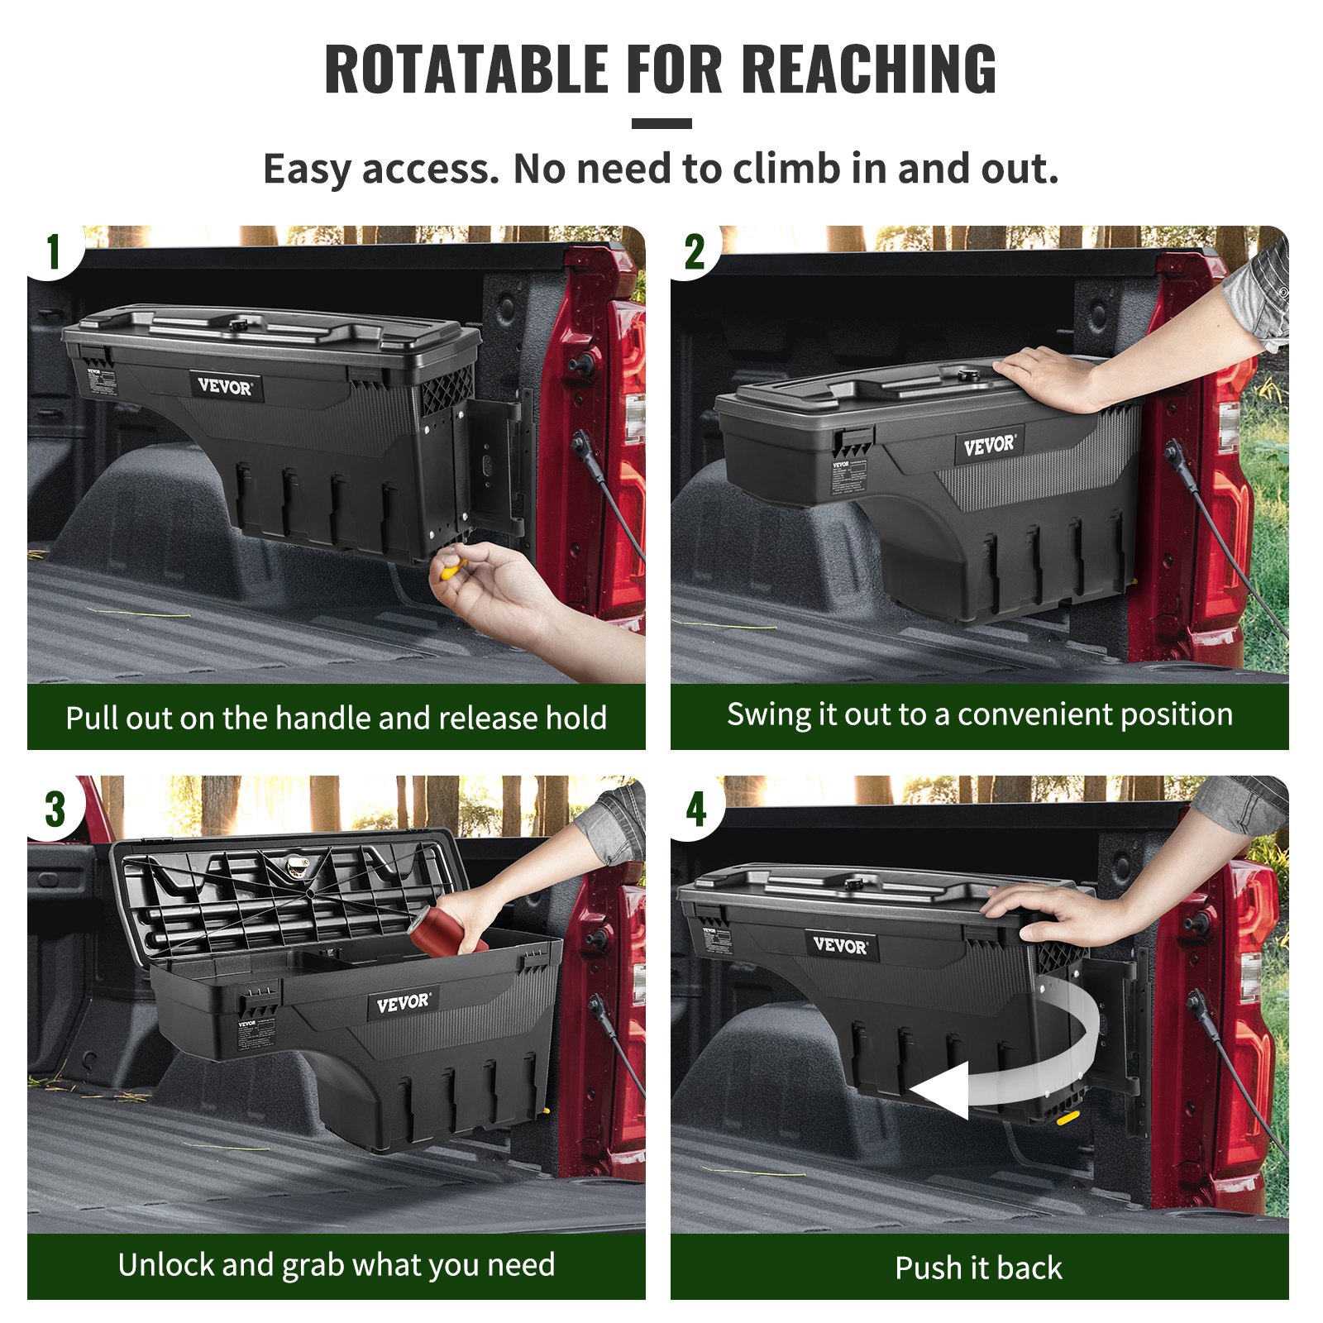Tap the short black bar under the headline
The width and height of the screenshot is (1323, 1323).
661,124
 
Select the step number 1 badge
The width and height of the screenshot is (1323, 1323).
54,251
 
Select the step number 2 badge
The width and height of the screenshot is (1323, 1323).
695,251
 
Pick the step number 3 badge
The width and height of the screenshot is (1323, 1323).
55,809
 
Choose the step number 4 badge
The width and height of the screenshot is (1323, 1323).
696,809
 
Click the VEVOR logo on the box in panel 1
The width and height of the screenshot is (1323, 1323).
225,386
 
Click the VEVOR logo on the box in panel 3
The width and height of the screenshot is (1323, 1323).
403,1003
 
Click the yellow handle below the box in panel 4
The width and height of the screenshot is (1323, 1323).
1067,1118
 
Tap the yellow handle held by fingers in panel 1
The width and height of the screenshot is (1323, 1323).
451,569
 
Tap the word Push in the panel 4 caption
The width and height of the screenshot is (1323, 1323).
927,1268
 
